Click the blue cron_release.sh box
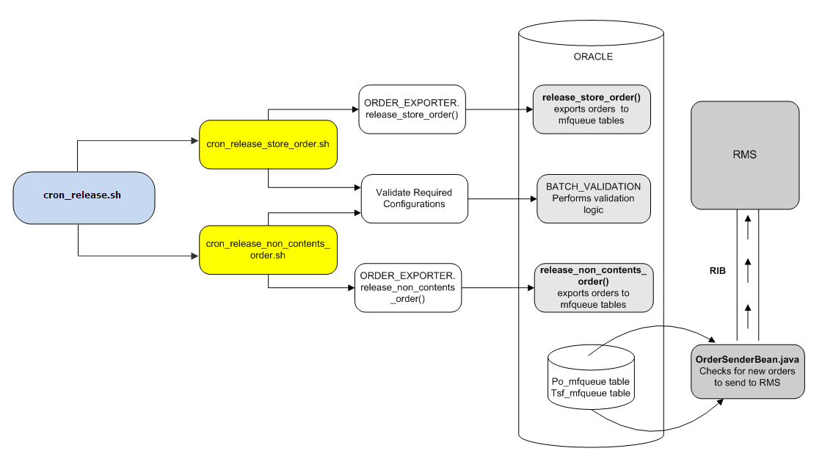click(84, 198)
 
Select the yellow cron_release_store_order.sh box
click(268, 144)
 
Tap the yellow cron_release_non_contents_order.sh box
click(268, 250)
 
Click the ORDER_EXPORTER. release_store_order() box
click(412, 109)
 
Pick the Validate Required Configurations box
click(414, 198)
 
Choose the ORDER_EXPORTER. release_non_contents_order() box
click(407, 287)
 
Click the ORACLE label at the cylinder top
click(592, 57)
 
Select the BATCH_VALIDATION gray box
click(593, 198)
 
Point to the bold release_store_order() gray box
click(592, 109)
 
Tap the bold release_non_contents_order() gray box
click(593, 287)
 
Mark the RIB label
click(717, 271)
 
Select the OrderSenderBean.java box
click(746, 372)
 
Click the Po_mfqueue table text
click(591, 382)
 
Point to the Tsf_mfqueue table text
click(591, 394)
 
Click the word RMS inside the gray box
click(745, 154)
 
